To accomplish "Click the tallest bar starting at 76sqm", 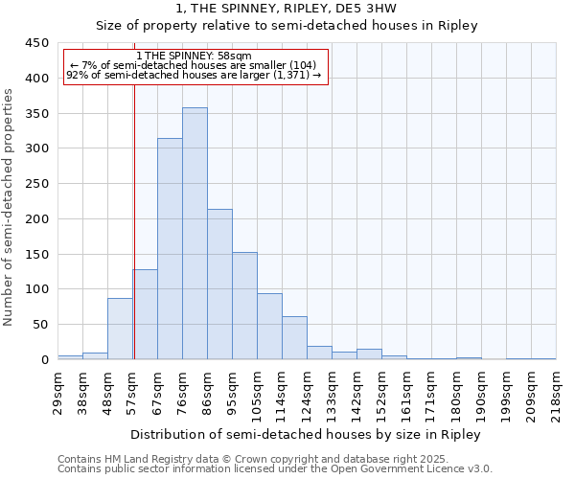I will click(195, 234).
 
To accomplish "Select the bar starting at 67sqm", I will click(170, 249).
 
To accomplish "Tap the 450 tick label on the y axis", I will click(37, 43).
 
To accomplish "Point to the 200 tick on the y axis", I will click(37, 219).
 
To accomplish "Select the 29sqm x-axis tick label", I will click(57, 392).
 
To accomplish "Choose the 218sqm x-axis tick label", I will click(556, 395).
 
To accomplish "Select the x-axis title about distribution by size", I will click(306, 435).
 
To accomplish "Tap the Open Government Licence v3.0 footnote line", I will click(275, 469).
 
